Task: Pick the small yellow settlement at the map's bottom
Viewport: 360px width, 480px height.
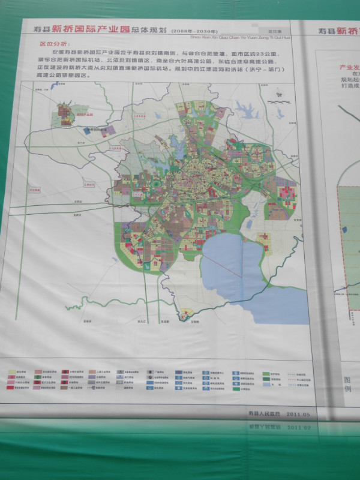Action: click(x=188, y=313)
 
